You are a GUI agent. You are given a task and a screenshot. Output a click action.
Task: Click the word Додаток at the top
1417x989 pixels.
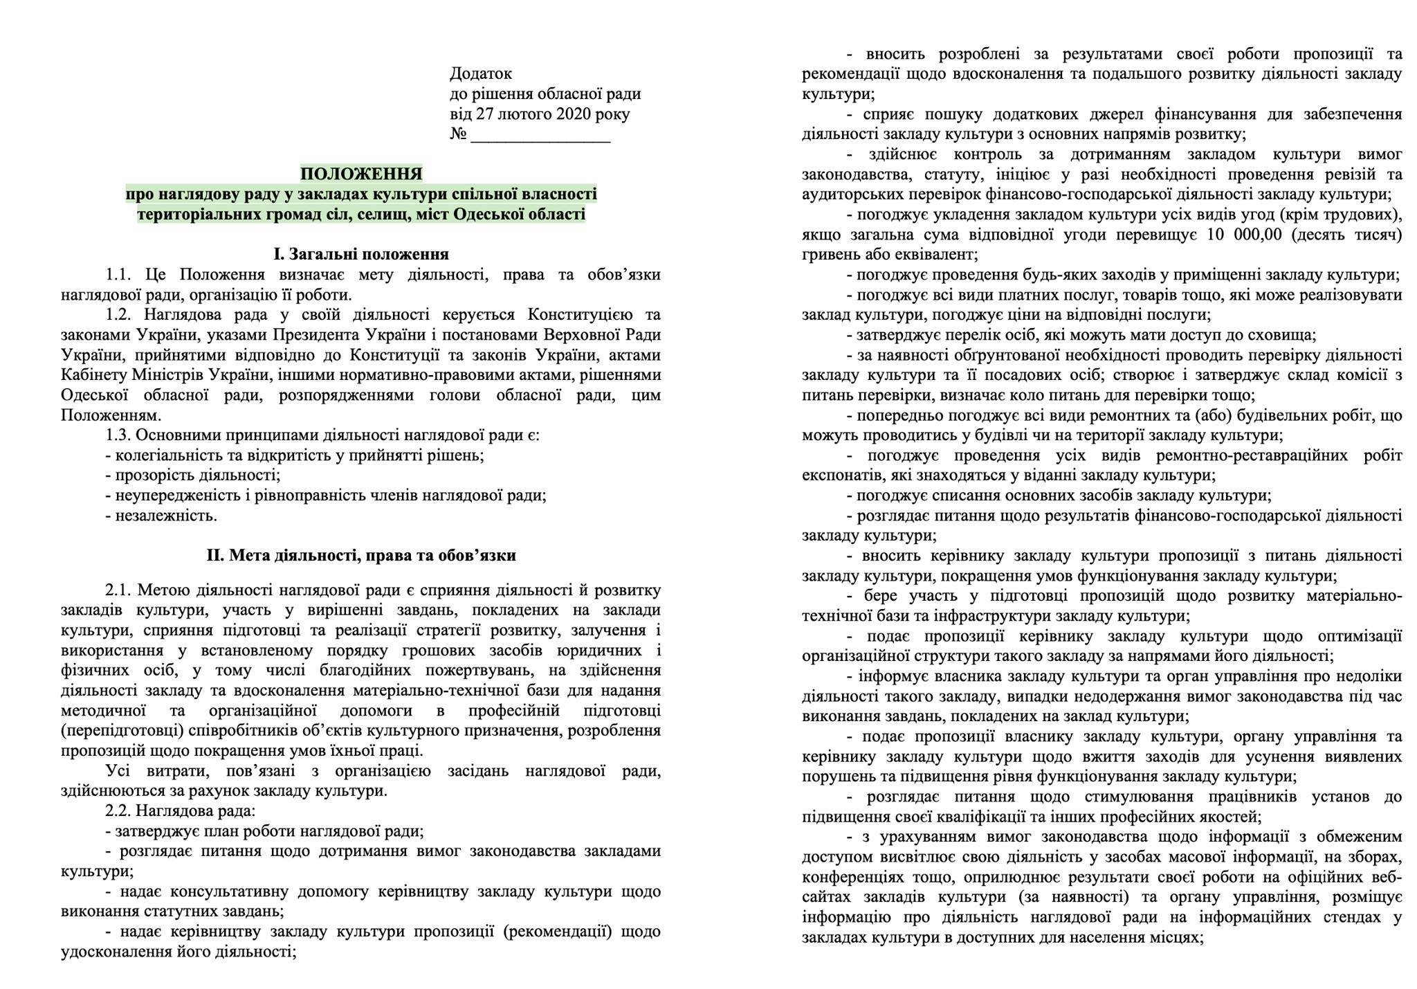pos(481,73)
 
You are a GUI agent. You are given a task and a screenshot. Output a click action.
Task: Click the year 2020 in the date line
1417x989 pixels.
pos(573,114)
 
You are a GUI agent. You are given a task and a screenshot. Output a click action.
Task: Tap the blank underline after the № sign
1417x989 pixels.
pos(540,135)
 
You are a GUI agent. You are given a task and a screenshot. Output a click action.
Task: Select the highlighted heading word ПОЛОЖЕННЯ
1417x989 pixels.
pos(361,172)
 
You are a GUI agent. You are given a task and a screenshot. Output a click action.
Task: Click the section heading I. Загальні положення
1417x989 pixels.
pos(360,254)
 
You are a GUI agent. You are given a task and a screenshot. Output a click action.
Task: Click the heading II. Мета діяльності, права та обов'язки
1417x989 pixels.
pos(360,556)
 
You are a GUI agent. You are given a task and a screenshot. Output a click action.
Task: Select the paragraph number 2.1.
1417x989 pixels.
pos(118,590)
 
